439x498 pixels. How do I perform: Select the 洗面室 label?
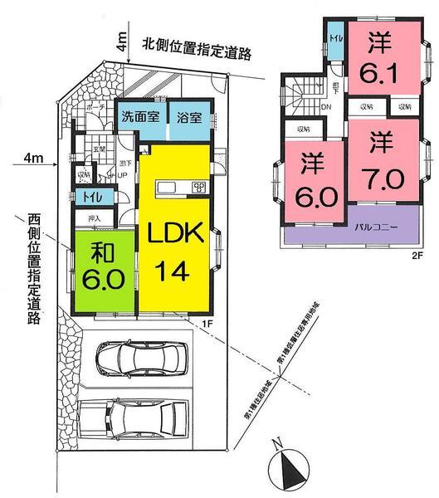pos(138,117)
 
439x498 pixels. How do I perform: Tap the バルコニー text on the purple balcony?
pos(377,227)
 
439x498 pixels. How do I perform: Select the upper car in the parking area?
pos(141,358)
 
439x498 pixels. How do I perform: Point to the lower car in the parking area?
pos(134,422)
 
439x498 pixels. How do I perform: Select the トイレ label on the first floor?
pos(87,197)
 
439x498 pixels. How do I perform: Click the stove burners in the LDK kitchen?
pos(199,187)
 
